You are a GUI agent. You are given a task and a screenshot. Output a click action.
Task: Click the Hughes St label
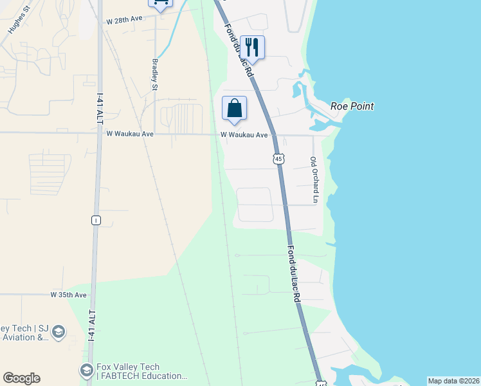tap(19, 21)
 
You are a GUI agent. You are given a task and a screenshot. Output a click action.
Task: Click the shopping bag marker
tap(234, 107)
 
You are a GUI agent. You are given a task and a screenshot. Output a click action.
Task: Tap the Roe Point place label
tap(352, 106)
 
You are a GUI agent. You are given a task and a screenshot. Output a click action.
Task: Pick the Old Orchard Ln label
tap(314, 180)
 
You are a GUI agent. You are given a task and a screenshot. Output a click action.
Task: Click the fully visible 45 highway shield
tap(278, 158)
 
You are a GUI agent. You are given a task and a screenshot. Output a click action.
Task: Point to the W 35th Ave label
tap(68, 295)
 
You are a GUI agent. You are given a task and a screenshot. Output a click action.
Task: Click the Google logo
tap(21, 378)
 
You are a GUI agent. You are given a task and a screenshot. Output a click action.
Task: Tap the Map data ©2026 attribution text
tap(453, 381)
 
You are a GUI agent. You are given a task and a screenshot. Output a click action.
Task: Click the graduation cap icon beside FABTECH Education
tap(86, 371)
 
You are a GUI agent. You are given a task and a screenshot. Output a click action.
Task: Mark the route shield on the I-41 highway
tap(96, 220)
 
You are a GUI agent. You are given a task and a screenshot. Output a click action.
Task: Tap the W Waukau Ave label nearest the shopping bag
tap(244, 135)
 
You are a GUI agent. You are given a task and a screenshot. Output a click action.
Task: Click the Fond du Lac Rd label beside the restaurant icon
tap(240, 52)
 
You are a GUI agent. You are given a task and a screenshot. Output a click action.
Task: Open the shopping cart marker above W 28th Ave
tap(160, 3)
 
